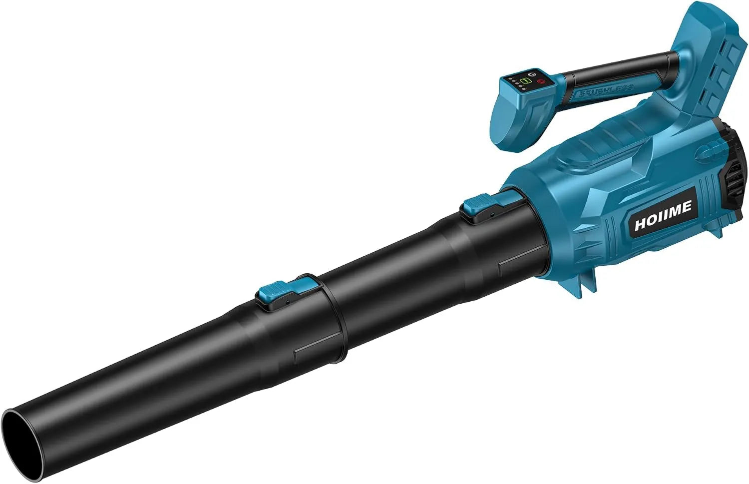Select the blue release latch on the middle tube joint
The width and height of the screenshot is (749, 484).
click(274, 287)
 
